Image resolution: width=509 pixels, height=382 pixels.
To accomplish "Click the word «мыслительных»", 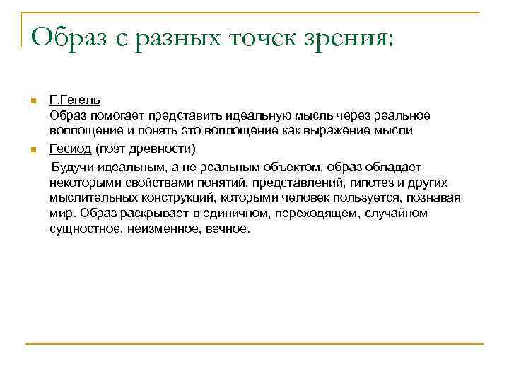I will tap(87, 198).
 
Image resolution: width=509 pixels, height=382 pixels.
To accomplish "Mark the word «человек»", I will tap(308, 198).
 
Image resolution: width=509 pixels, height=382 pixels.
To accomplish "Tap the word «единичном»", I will tap(226, 214).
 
